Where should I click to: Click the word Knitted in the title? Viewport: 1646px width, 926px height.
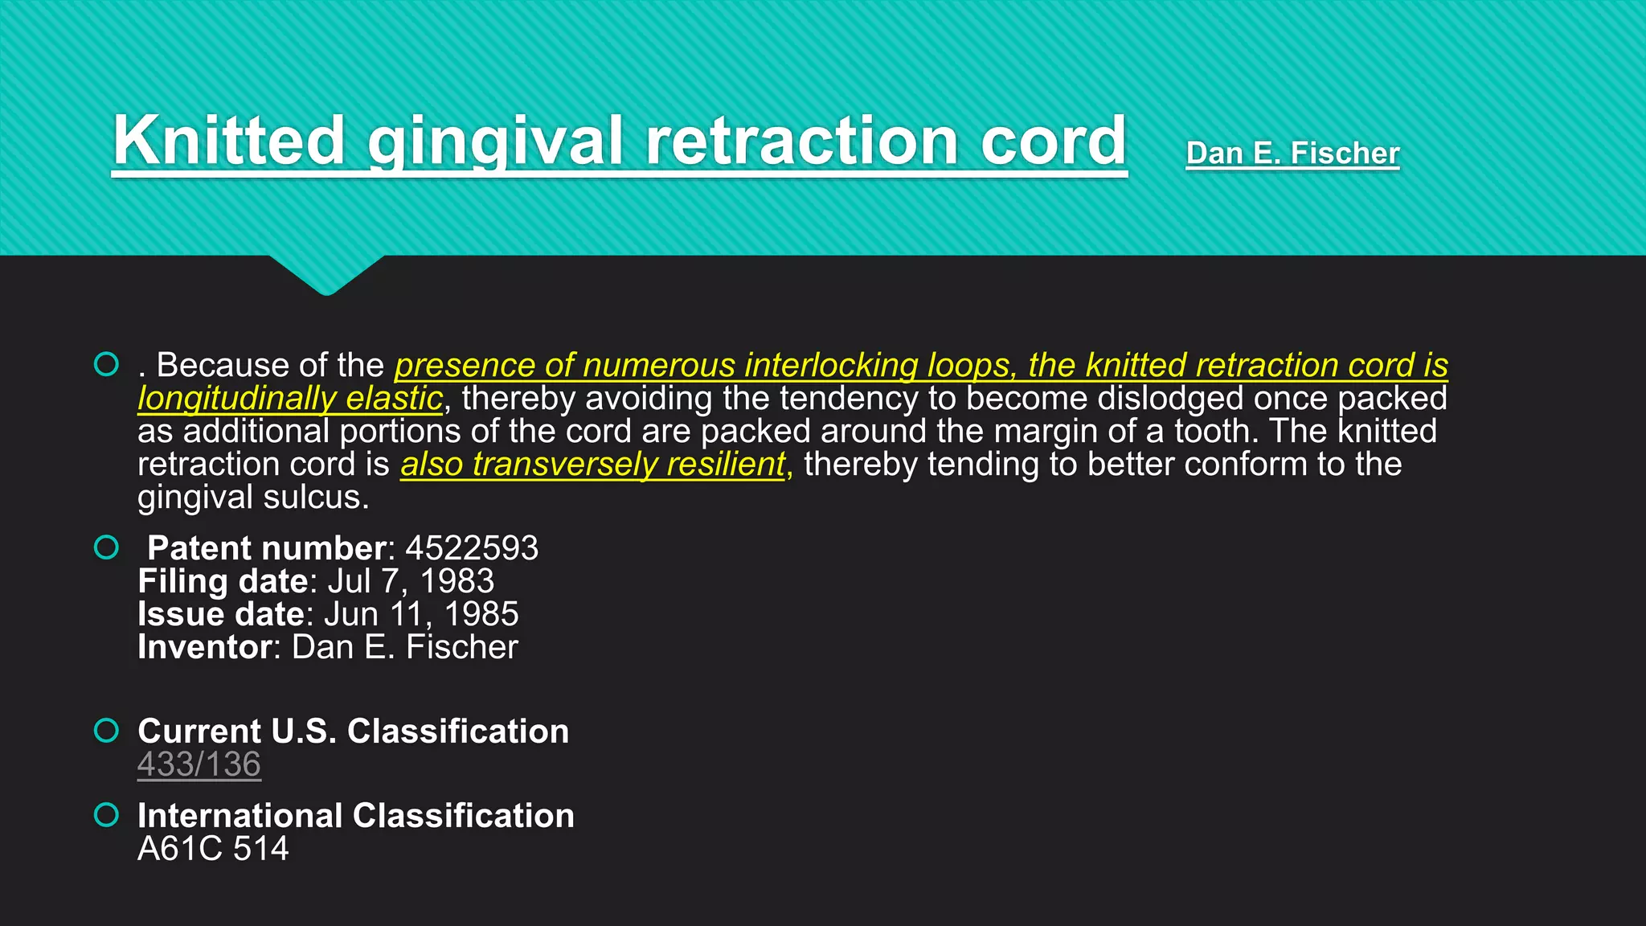click(x=229, y=141)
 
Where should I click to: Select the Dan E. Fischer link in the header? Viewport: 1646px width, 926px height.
click(x=1292, y=153)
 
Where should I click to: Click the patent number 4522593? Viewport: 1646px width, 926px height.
click(x=472, y=548)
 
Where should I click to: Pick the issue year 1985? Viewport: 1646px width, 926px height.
click(x=481, y=614)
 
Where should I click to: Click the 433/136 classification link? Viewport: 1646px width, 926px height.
click(x=199, y=764)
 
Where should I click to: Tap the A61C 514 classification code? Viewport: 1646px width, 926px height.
click(x=213, y=849)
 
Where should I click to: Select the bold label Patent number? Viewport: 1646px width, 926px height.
click(x=267, y=548)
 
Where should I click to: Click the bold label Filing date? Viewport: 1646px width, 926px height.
click(x=223, y=581)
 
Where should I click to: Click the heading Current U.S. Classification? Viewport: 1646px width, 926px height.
click(x=353, y=731)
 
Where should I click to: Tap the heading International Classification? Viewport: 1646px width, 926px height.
click(x=356, y=816)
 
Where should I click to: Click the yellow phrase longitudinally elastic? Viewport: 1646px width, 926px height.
click(x=290, y=399)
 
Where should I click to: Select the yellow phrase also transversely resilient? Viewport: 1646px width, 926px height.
click(x=592, y=465)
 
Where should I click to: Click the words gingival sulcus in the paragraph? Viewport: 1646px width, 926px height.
click(x=252, y=498)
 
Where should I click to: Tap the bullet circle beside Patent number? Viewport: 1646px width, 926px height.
click(x=106, y=548)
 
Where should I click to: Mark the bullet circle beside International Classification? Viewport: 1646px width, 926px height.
click(x=106, y=815)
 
